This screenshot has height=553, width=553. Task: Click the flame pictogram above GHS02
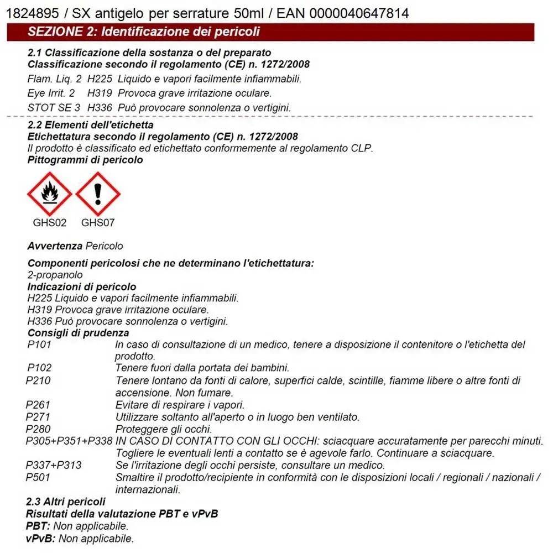point(50,194)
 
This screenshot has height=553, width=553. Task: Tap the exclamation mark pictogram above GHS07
point(98,194)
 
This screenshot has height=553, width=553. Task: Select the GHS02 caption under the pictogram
point(50,223)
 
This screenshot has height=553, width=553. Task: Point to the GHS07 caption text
point(98,223)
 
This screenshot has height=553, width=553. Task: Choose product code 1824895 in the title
point(28,13)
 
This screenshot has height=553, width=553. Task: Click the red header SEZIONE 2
point(144,32)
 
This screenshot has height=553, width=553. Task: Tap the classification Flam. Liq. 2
point(54,79)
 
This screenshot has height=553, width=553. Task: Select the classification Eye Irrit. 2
point(51,93)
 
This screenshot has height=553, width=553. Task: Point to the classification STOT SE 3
point(54,107)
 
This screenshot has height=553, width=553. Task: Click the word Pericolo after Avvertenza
point(105,246)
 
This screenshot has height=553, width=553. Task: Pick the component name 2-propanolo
point(55,275)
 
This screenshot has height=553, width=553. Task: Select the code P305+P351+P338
point(69,441)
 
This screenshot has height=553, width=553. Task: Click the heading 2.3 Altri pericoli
point(66,502)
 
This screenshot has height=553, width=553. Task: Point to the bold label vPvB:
point(41,539)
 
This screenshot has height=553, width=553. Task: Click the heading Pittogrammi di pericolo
point(85,160)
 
